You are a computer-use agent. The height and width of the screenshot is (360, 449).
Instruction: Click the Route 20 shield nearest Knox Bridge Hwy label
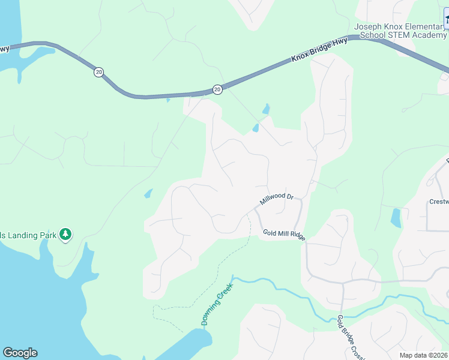217,89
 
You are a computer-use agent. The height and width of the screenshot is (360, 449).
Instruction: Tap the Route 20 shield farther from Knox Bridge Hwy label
98,72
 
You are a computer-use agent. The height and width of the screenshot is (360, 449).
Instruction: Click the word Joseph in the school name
368,26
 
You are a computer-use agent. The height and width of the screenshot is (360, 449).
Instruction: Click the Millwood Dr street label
277,198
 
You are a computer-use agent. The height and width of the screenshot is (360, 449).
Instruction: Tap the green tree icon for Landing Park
65,235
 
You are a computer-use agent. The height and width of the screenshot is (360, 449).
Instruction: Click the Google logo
20,353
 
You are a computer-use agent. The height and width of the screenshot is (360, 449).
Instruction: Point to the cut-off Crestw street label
439,202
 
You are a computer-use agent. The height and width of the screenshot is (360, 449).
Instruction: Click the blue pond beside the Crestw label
396,217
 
